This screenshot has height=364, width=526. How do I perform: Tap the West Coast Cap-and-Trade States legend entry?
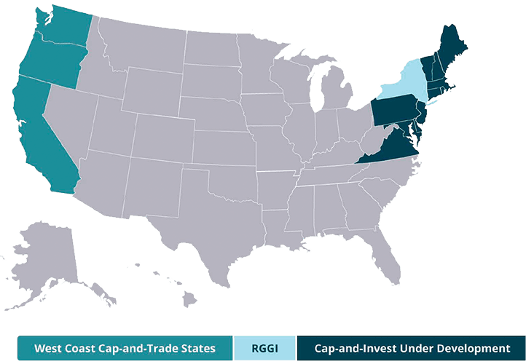tap(125, 348)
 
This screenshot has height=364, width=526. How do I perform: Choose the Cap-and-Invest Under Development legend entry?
tap(412, 348)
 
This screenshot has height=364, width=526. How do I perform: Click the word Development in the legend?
tap(474, 348)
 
